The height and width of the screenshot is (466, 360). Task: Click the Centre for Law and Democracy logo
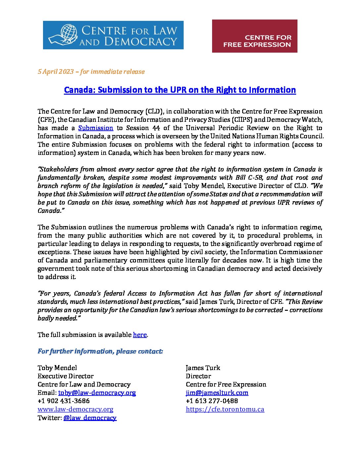113,35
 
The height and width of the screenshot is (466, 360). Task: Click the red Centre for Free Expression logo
254,36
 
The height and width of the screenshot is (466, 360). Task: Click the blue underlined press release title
180,90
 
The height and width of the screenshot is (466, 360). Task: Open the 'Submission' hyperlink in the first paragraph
96,128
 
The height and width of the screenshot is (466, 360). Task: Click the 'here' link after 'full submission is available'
140,335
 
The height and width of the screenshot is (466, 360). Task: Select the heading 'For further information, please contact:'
100,351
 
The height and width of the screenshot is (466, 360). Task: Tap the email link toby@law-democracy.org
97,393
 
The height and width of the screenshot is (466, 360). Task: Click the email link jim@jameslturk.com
217,393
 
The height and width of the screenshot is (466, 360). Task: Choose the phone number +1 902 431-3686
64,401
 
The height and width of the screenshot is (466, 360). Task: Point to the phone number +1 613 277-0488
212,401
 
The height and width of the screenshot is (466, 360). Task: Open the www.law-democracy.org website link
75,409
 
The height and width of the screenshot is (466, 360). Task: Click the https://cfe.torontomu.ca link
225,409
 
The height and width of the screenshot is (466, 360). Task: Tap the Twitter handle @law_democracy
90,418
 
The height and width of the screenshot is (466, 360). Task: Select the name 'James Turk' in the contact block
203,368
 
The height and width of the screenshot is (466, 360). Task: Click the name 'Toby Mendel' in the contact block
57,368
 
